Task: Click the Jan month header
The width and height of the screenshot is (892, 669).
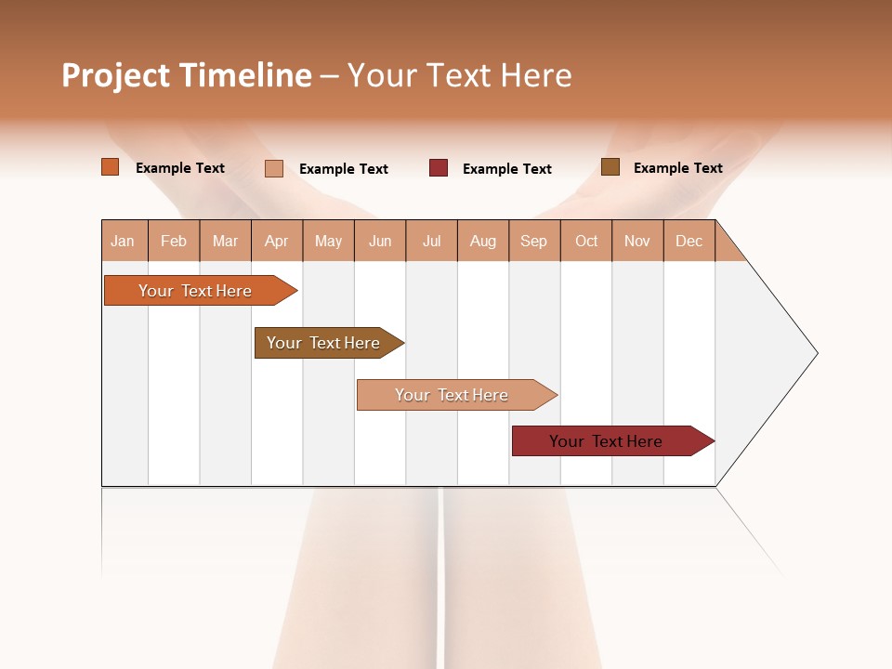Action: point(124,241)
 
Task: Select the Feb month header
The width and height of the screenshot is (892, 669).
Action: point(174,241)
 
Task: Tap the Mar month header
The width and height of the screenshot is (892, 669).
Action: point(225,241)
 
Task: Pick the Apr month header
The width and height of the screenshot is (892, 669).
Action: point(277,241)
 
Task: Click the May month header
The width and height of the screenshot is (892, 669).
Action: point(328,241)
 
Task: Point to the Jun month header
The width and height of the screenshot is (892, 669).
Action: point(380,241)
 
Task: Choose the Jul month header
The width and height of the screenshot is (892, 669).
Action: point(431,241)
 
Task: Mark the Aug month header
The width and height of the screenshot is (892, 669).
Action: point(483,241)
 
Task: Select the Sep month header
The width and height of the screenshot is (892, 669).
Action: point(534,241)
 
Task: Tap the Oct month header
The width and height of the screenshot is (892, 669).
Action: point(586,241)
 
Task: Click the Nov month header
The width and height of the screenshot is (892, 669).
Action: point(637,241)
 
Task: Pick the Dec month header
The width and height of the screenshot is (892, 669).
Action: point(689,241)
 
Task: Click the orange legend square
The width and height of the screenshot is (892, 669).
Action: point(111,167)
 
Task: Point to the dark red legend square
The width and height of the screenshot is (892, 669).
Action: point(439,168)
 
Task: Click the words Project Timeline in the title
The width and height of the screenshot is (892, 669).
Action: point(187,75)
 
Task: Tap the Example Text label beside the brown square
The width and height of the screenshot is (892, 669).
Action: point(677,168)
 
